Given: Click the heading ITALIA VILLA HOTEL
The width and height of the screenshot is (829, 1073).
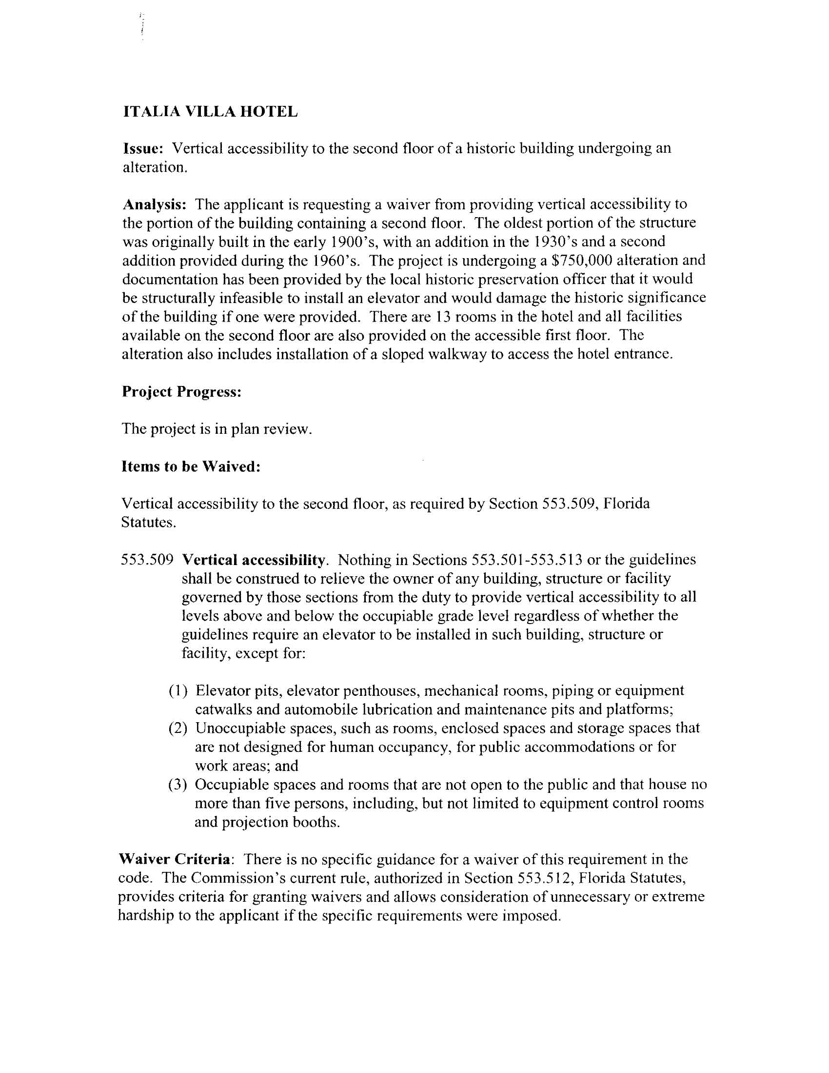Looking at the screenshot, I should tap(210, 112).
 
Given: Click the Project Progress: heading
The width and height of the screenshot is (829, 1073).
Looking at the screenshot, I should tap(181, 391).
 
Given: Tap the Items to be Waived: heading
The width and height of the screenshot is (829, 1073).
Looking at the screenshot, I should tap(191, 466).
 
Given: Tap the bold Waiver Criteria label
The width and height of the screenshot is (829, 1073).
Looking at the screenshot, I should tap(175, 859).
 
